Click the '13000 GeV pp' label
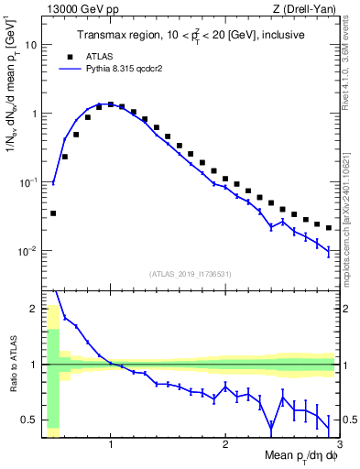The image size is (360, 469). click(80, 8)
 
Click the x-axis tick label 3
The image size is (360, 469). click(338, 443)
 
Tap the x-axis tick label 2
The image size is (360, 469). click(225, 443)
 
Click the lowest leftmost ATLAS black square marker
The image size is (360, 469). click(53, 213)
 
